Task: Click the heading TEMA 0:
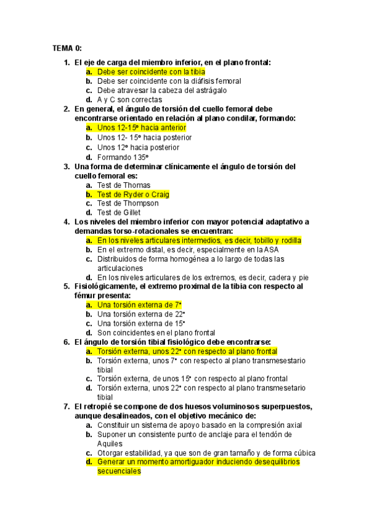tap(67, 48)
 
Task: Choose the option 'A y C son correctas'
tap(129, 99)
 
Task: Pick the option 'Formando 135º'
tap(123, 157)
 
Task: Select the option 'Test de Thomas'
tap(124, 185)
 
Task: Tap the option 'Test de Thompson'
tap(128, 203)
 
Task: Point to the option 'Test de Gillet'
tap(119, 212)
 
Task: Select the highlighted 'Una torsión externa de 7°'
tap(139, 305)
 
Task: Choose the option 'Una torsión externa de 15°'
tap(141, 323)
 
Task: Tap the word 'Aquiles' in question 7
tap(110, 443)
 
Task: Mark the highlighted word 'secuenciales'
tap(119, 471)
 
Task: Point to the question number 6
tap(67, 342)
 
